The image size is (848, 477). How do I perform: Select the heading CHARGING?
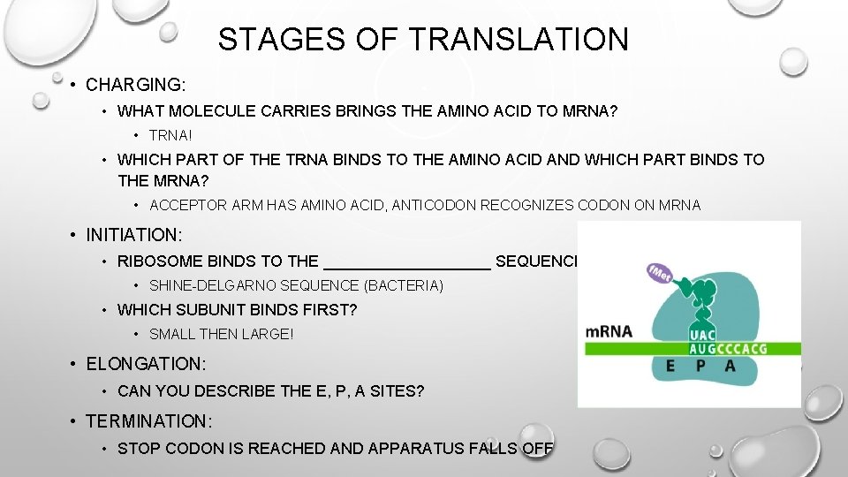(136, 86)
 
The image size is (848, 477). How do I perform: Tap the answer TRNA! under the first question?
(171, 136)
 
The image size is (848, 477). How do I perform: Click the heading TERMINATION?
(149, 422)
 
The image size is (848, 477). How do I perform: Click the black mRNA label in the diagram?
(609, 332)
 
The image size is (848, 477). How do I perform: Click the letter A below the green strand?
(730, 365)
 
